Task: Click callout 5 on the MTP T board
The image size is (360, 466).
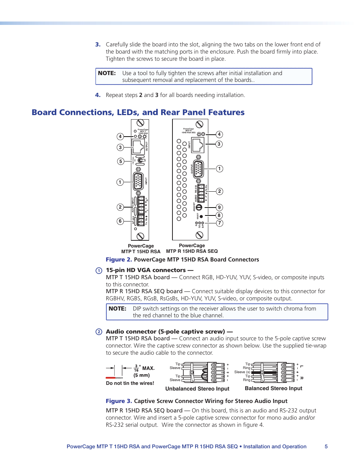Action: (121, 161)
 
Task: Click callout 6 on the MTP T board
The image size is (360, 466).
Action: (120, 221)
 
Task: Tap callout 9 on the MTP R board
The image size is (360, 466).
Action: (219, 208)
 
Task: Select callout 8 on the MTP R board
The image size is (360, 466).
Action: (219, 215)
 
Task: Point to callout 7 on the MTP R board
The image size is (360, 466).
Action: (219, 223)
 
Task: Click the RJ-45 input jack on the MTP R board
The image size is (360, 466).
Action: (198, 145)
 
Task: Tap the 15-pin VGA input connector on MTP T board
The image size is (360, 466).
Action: (138, 181)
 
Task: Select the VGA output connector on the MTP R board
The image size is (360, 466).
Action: (198, 169)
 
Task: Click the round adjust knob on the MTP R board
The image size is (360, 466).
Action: (199, 207)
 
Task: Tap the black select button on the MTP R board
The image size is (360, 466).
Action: (201, 217)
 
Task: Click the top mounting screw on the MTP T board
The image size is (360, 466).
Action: (140, 123)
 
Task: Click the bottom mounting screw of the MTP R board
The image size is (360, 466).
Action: (200, 235)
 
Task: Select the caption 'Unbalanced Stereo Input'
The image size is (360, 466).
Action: (197, 389)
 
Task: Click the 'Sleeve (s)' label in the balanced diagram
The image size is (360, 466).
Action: (242, 372)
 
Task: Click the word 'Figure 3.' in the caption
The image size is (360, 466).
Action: (118, 401)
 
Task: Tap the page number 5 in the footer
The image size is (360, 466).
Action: (326, 446)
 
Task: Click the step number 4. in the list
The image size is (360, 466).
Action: (98, 95)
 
